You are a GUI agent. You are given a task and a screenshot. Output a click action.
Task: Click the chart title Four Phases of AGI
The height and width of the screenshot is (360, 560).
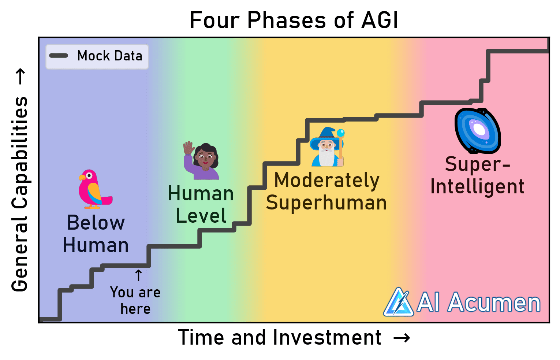[x=294, y=20]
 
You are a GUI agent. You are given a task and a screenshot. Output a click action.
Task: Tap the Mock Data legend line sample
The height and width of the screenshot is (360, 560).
[x=59, y=56]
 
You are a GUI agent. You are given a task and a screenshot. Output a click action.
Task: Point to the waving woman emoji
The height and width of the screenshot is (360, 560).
[x=201, y=160]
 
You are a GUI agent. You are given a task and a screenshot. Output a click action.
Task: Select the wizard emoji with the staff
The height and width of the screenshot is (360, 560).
[x=327, y=147]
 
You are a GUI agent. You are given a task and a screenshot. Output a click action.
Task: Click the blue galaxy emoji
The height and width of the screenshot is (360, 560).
[x=478, y=131]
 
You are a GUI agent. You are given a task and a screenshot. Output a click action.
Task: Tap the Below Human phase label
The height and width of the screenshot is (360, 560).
[x=96, y=234]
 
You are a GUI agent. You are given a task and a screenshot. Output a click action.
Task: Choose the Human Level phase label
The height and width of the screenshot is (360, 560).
[x=201, y=205]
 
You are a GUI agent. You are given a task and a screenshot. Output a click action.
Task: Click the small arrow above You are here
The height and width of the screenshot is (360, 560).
[x=138, y=275]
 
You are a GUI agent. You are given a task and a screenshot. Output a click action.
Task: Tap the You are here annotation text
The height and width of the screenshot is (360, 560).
[x=135, y=300]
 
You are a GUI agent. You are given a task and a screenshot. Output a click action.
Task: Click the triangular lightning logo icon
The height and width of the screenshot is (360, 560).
[x=399, y=302]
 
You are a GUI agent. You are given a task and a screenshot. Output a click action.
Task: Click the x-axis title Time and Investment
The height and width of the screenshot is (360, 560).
[x=280, y=337]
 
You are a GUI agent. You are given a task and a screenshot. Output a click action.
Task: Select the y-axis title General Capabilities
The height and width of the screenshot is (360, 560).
[x=19, y=194]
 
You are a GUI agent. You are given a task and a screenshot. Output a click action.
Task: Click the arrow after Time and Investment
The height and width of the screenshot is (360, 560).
[x=402, y=338]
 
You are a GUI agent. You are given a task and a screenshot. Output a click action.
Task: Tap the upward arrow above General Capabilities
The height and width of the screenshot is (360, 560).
[x=20, y=76]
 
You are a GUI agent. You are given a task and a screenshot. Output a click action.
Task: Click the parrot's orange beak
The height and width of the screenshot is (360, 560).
[x=82, y=178]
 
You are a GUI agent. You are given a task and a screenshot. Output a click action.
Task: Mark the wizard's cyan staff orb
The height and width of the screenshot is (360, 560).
[x=340, y=133]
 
